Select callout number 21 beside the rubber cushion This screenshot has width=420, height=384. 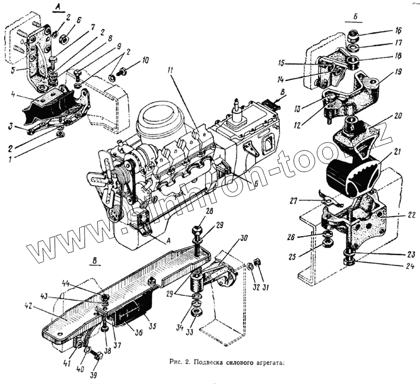tap(397, 152)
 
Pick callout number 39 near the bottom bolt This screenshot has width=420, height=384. tap(93, 376)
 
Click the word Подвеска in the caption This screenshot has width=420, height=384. tap(212, 362)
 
